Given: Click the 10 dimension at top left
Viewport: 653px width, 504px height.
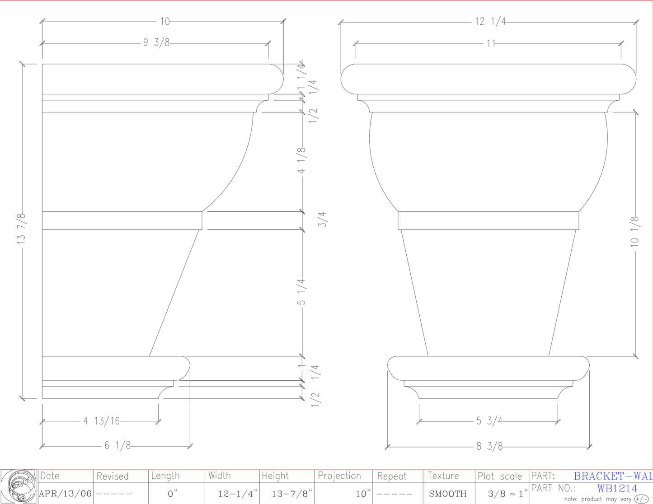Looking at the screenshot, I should pos(164,21).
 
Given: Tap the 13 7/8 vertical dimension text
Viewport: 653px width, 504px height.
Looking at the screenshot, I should pos(22,229).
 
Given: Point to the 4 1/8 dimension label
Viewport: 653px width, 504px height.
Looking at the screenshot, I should pos(301,160).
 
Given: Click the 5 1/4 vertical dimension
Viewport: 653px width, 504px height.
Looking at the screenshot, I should pos(301,292).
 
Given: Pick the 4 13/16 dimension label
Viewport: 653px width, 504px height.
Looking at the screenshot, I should pos(102,421).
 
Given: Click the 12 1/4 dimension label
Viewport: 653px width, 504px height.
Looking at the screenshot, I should pos(490,21).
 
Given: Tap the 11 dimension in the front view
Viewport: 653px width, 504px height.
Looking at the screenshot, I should pos(491,43).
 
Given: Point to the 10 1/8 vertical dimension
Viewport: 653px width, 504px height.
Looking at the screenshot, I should pos(635,231).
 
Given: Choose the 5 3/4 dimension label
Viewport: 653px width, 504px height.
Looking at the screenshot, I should pos(489,421).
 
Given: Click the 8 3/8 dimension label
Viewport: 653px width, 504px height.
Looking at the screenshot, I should pos(489,446).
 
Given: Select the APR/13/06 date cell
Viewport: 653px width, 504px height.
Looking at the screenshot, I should pos(66,494).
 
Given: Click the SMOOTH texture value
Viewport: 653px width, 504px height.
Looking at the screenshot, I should pos(448,494).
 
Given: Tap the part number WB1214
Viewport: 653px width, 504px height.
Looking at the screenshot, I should pos(617,489).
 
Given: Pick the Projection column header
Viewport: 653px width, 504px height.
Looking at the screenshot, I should pos(339,476).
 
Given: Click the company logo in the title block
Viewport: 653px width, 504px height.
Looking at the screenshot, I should pos(19,486).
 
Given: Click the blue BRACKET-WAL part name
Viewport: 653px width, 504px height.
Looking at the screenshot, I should pos(613,476).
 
